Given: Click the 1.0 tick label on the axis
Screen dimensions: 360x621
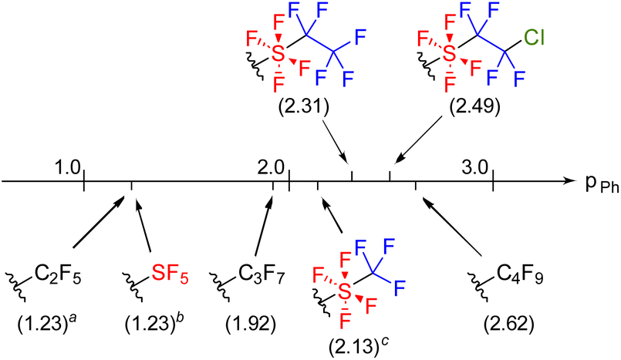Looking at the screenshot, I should pyautogui.click(x=67, y=166).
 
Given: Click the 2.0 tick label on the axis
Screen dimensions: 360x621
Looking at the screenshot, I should pyautogui.click(x=272, y=166).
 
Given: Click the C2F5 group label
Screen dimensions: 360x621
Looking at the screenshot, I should pyautogui.click(x=55, y=274).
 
